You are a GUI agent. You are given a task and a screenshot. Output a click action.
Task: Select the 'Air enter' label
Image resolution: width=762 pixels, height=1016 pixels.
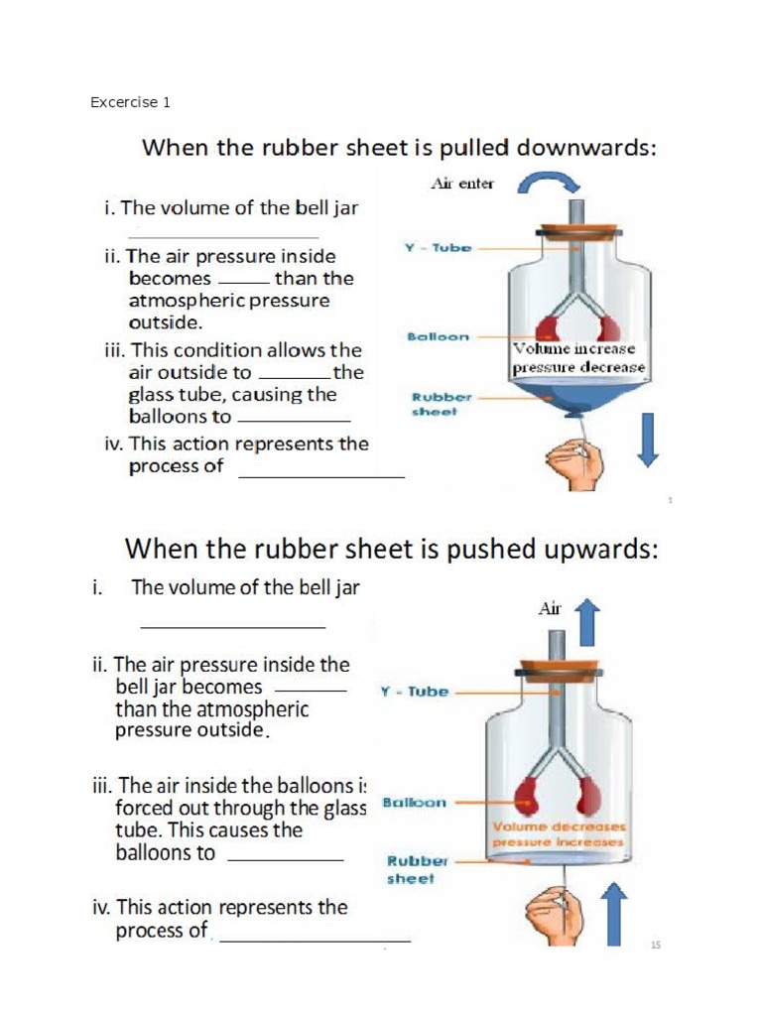click(461, 184)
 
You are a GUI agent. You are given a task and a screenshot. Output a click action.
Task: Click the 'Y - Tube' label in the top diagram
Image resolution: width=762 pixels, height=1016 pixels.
click(438, 248)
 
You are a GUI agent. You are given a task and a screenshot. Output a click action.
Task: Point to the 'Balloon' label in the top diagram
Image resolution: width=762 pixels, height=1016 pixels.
click(438, 337)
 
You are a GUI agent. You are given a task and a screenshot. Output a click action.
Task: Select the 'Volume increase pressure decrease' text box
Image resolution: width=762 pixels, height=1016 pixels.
click(578, 358)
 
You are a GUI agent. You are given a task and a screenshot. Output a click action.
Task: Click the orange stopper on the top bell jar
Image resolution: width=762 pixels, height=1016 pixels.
click(578, 232)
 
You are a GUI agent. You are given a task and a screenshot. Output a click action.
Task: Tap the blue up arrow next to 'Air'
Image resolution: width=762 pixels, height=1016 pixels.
click(587, 623)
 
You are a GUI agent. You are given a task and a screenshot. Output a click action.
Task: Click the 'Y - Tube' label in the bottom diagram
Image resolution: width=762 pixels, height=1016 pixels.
click(415, 692)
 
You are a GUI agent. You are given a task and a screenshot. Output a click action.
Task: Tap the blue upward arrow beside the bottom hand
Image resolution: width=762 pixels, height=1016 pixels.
click(615, 913)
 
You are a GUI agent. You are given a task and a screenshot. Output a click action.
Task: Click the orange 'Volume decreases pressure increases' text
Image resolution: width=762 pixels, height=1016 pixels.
click(559, 834)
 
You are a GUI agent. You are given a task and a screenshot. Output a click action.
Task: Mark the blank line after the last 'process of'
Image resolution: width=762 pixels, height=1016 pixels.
click(315, 939)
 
